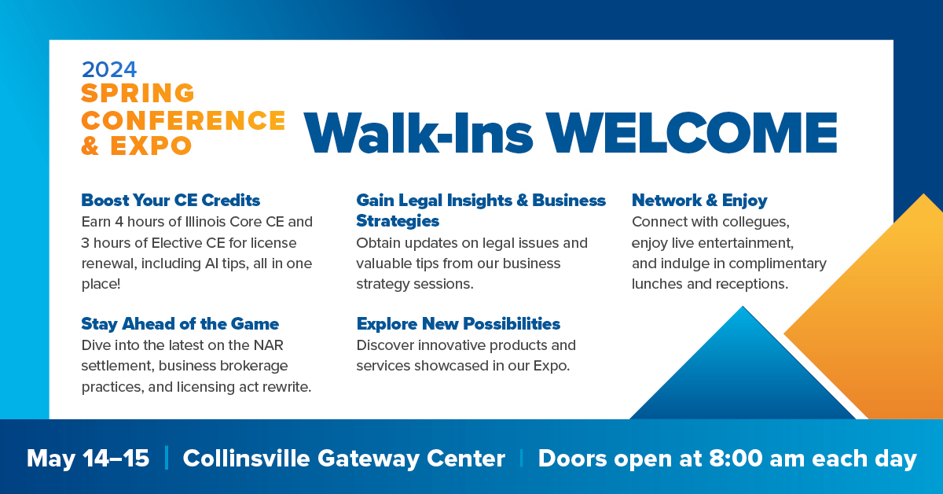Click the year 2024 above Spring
point(109,69)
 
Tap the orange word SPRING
point(138,93)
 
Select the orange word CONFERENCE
point(184,120)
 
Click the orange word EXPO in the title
point(151,146)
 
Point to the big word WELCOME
point(692,133)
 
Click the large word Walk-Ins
point(418,132)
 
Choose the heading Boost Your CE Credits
point(171,201)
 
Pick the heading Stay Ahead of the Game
point(180,324)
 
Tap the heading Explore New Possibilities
point(458,324)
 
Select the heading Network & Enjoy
point(699,201)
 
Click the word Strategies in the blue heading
point(398,221)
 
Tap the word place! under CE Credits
point(101,284)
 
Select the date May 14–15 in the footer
point(88,458)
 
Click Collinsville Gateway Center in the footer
point(343,459)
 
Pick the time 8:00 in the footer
point(736,458)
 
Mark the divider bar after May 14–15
point(167,458)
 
